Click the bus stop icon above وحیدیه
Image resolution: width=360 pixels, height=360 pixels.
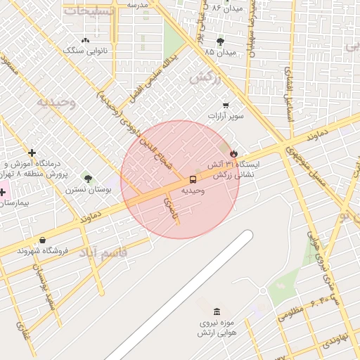[193, 179]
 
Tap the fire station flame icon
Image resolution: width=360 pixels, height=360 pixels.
[233, 153]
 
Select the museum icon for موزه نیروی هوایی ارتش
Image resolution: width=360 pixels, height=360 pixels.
[216, 311]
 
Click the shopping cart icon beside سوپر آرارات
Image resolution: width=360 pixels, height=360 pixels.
[225, 105]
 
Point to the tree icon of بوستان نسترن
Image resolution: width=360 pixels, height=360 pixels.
[87, 179]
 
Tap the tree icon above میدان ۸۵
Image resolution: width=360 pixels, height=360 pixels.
[220, 41]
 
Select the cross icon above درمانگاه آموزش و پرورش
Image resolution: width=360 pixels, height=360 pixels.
[32, 153]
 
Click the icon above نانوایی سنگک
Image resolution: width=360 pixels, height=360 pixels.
[86, 41]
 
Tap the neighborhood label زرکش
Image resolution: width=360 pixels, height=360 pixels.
[205, 77]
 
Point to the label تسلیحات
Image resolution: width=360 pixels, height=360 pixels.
[87, 11]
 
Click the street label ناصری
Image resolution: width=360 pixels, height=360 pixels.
[171, 208]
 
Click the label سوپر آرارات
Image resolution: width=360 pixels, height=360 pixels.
[225, 116]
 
